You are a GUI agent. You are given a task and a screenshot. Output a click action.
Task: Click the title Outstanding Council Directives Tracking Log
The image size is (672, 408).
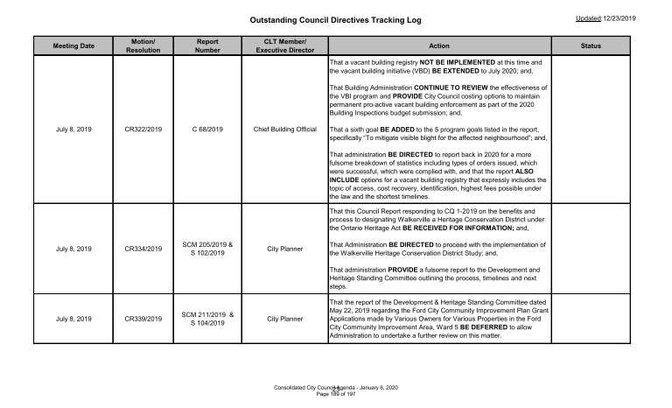335,18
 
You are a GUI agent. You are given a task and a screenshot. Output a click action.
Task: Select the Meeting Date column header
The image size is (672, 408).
73,46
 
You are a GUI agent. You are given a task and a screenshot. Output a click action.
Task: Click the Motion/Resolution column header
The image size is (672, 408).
143,46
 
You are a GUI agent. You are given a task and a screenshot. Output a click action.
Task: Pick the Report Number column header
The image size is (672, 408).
207,46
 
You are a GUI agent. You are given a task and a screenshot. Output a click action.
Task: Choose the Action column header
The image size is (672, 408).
434,46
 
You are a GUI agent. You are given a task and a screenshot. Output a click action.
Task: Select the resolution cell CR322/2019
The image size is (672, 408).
143,130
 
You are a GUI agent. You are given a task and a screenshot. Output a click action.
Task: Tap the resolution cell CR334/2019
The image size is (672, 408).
143,250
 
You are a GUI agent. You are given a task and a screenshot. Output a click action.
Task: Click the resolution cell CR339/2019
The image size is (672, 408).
143,320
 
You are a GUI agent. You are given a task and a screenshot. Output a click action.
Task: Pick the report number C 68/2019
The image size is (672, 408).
207,130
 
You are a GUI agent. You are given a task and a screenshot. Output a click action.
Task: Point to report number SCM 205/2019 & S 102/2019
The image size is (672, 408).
207,250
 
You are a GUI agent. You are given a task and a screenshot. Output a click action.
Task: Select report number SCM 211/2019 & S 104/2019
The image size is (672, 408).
207,320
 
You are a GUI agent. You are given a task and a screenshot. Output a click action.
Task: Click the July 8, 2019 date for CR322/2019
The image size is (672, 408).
73,130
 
